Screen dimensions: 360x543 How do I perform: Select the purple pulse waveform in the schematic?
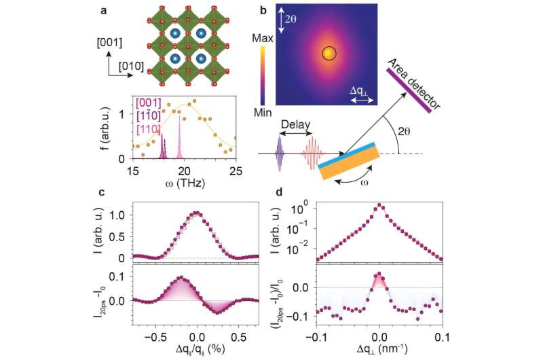click(x=279, y=154)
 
